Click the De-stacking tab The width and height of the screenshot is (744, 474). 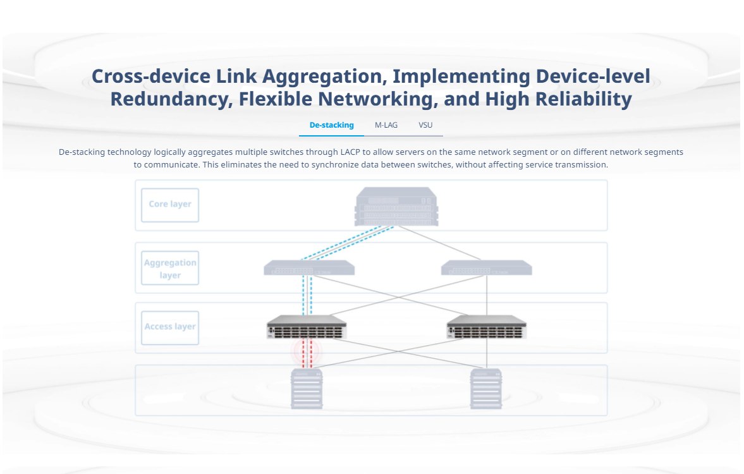(x=331, y=125)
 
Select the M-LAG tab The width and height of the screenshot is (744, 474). (x=386, y=125)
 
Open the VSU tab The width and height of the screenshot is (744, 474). (x=425, y=125)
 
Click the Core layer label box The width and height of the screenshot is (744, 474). (x=170, y=205)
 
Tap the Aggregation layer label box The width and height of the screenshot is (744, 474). (x=170, y=268)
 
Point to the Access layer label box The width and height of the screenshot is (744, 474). (x=170, y=328)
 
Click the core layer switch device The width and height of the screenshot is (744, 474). (x=397, y=207)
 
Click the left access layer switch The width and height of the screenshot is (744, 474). (x=307, y=327)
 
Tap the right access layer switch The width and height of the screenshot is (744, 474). (x=486, y=327)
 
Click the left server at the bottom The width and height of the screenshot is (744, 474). (x=307, y=389)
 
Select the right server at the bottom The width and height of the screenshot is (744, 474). (x=486, y=389)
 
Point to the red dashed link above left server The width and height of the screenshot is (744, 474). (x=307, y=353)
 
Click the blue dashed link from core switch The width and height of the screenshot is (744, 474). (x=348, y=243)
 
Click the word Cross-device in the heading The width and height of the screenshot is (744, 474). (x=151, y=76)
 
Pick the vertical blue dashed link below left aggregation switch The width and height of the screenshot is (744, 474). (x=307, y=296)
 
